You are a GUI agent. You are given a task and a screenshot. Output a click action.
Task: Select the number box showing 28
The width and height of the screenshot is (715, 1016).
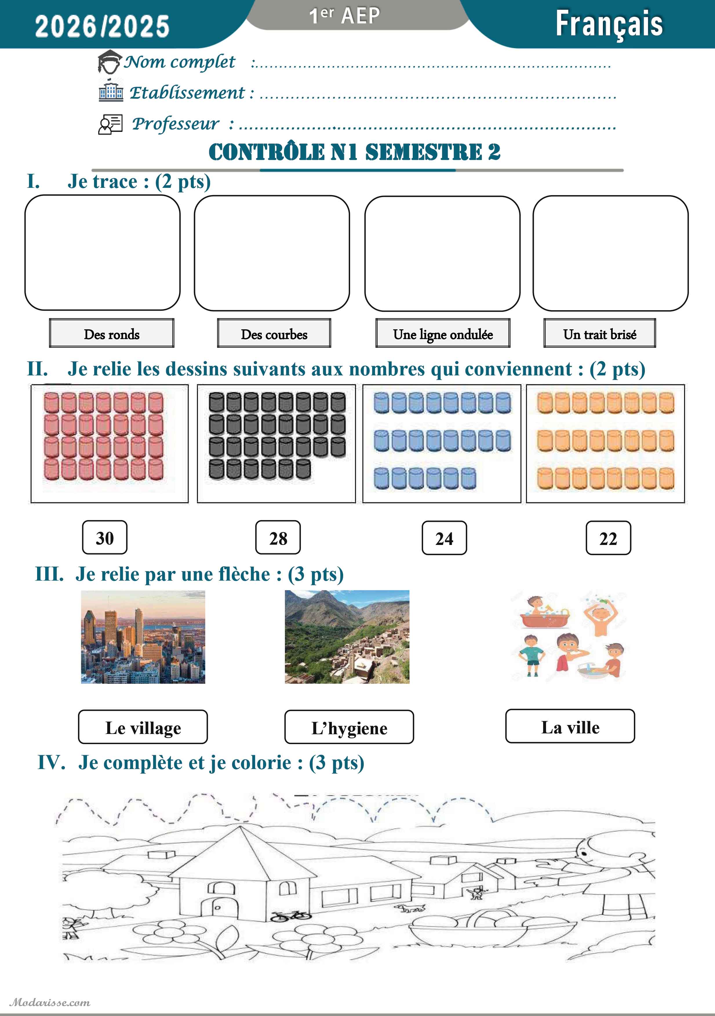tap(278, 538)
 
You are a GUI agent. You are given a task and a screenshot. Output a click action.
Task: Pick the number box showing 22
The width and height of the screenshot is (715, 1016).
tap(608, 538)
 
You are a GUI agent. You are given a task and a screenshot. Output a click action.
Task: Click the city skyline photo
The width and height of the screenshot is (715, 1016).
tap(143, 637)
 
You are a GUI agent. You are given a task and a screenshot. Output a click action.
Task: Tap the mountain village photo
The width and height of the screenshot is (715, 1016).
tap(347, 637)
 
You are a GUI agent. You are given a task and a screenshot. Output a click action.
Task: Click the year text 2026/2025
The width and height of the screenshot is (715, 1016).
tap(102, 26)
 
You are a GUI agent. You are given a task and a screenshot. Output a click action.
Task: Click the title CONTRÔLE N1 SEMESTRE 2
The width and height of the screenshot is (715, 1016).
tap(354, 152)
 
